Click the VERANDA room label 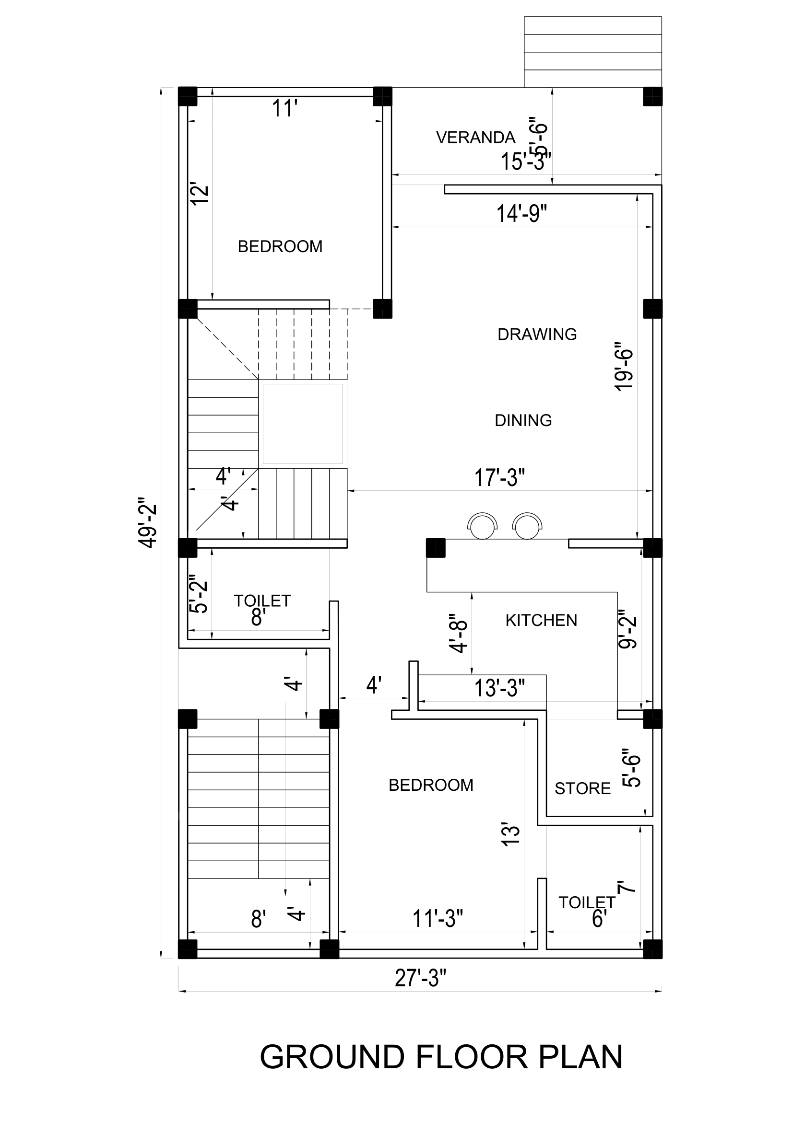tap(475, 138)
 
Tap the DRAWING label tap(537, 335)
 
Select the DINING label tap(523, 420)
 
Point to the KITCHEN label tap(541, 620)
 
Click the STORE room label tap(582, 788)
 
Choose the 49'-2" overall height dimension tap(147, 522)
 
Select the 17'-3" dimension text tap(499, 477)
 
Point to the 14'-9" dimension tap(521, 214)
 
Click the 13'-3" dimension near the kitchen tap(499, 688)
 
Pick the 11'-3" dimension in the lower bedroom tap(438, 919)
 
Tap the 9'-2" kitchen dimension tap(628, 629)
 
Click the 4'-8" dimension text tap(459, 633)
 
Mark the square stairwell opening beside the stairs tap(303, 424)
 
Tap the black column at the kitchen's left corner tap(436, 548)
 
